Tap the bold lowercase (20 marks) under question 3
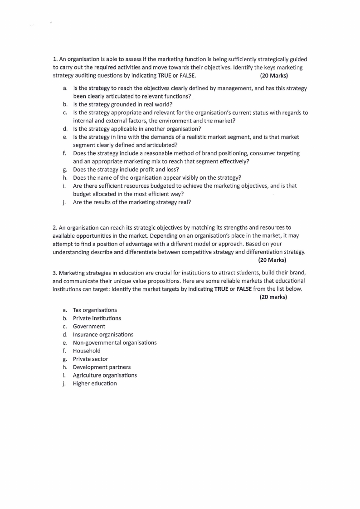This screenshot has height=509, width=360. pos(273,297)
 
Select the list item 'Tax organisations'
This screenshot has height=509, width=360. pos(95,310)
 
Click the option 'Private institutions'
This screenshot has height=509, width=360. pos(97,318)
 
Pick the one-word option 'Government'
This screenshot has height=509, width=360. pos(89,327)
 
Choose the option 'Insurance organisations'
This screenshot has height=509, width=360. pos(103,335)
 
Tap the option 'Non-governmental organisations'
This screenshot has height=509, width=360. pos(115,343)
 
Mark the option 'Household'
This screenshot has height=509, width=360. pos(87,351)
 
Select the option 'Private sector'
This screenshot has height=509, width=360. pos(90,359)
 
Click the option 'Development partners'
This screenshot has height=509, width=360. pos(102,367)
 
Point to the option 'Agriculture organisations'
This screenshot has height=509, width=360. pos(105,376)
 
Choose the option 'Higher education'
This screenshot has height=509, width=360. pos(95,384)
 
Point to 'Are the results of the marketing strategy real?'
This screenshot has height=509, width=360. pos(131,202)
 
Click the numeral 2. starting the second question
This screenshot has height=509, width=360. pos(55,227)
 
